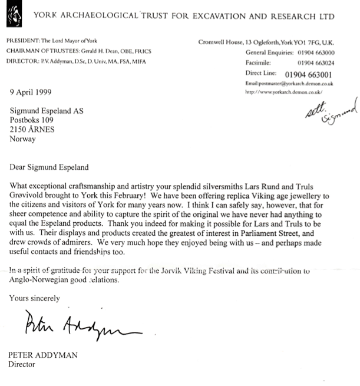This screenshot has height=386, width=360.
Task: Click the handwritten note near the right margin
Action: [x=331, y=112]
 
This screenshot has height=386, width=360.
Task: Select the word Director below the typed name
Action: [x=22, y=364]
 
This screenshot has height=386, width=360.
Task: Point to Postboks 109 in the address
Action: [x=33, y=121]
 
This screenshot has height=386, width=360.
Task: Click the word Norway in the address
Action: [x=22, y=140]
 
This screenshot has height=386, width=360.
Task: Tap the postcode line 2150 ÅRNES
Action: [x=37, y=130]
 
